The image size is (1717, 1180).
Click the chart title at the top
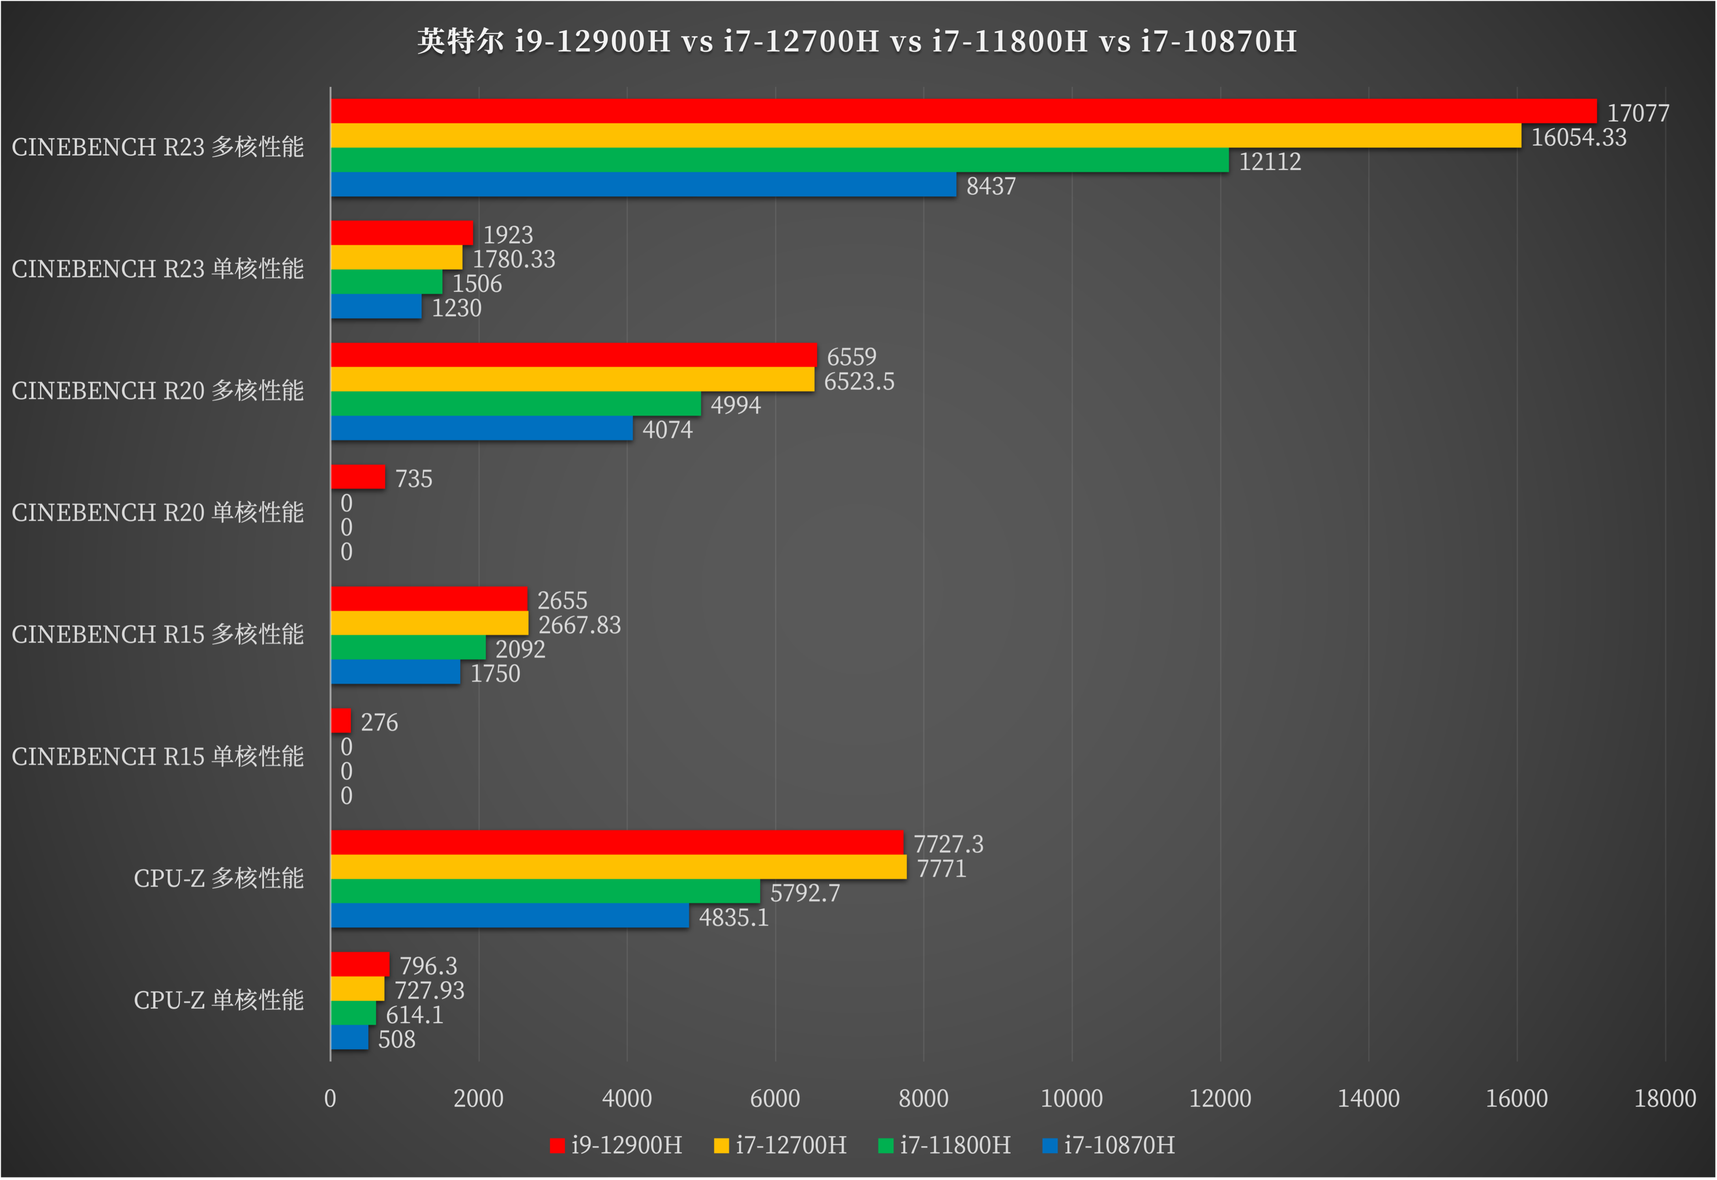[857, 41]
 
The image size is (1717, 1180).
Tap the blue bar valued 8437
[643, 185]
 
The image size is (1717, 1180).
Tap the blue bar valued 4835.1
[509, 915]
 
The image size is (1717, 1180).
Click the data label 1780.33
[514, 259]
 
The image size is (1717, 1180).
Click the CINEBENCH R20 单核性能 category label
[157, 512]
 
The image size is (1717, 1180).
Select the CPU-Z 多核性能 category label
[219, 878]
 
